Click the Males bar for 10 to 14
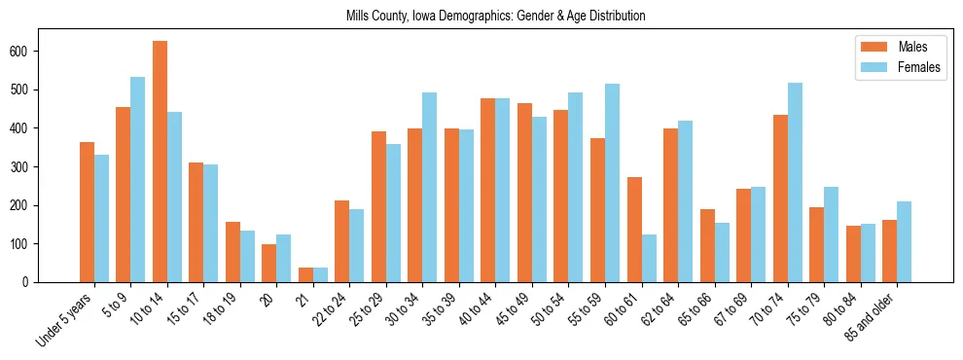coord(160,162)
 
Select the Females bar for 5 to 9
coord(138,180)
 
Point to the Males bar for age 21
coord(305,275)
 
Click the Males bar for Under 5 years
coord(87,212)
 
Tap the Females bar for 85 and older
coord(904,242)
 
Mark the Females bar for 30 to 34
coord(430,188)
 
